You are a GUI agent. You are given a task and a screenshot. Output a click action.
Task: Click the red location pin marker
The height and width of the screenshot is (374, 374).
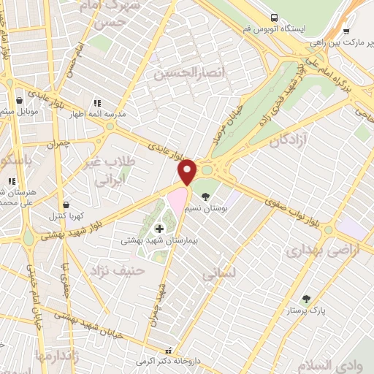coord(188,172)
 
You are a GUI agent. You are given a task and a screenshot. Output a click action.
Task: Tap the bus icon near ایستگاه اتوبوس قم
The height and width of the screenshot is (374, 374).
coord(273,17)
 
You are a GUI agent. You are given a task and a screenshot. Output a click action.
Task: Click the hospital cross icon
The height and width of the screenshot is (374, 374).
coord(159,229)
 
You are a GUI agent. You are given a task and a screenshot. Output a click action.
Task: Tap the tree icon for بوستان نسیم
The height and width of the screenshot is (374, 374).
coord(205,196)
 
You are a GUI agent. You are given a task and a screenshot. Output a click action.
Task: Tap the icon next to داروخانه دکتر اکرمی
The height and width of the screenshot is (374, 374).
coord(169,351)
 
